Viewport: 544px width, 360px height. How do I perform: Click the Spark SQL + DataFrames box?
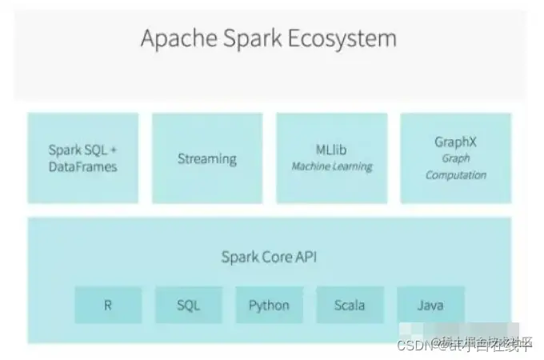(83, 158)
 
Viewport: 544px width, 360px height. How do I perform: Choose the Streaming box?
(207, 158)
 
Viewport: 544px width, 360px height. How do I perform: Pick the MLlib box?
(331, 158)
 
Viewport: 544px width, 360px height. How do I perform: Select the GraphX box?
(455, 158)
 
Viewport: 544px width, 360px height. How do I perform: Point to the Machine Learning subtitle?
(331, 166)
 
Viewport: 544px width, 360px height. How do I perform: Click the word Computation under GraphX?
(455, 175)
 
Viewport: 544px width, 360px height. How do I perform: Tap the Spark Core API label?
(269, 257)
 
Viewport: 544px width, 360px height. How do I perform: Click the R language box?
(108, 305)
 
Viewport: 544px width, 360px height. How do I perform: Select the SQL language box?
(189, 305)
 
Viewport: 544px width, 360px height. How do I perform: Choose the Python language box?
(269, 305)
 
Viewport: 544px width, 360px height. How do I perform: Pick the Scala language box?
(350, 305)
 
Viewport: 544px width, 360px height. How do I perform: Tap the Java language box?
(430, 305)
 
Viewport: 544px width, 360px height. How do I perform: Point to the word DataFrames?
(82, 166)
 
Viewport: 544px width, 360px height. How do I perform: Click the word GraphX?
(455, 142)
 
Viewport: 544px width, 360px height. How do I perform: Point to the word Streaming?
(207, 158)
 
